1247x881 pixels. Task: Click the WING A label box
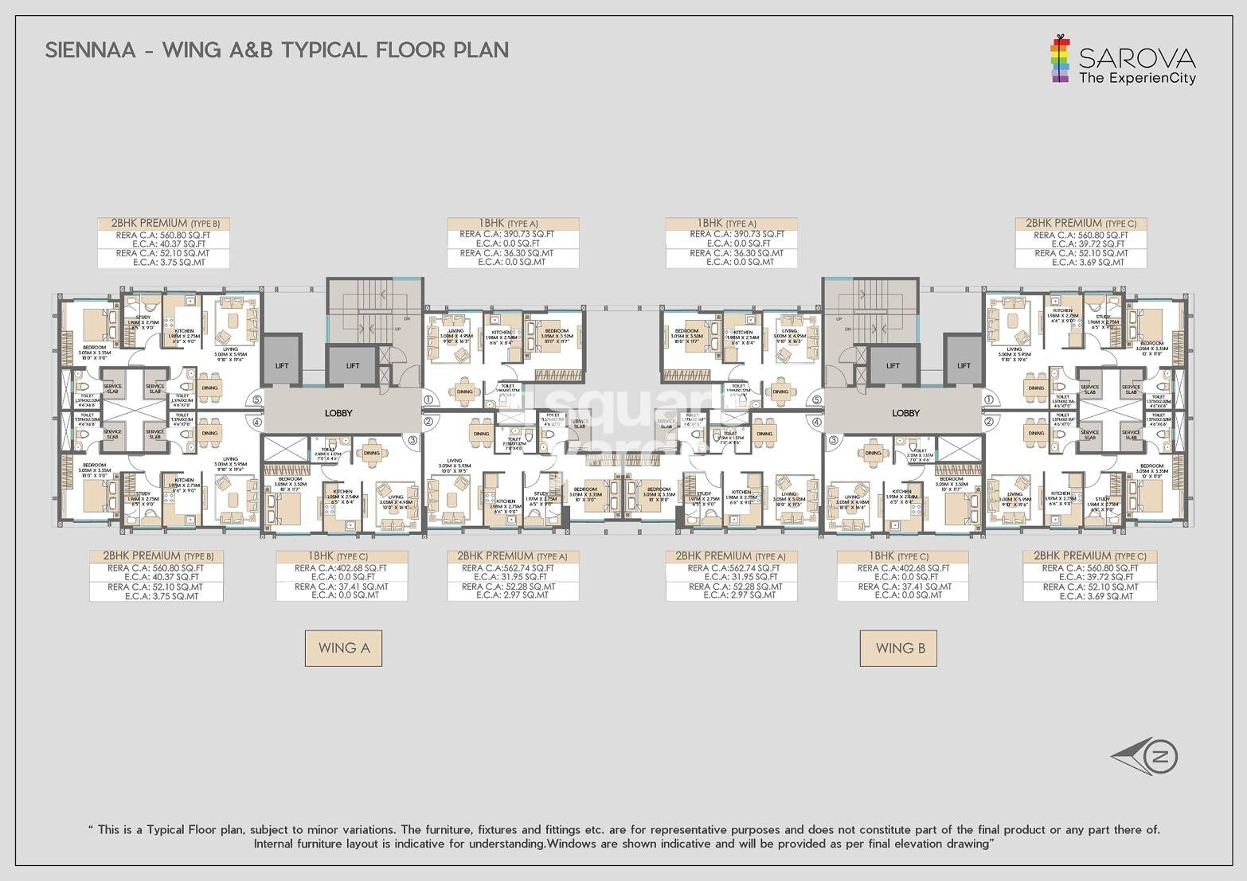click(x=343, y=648)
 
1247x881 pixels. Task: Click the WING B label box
click(x=899, y=648)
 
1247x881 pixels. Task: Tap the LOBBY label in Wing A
click(x=338, y=413)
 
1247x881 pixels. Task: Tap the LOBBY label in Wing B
click(x=905, y=413)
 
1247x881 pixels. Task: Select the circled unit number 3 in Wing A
click(x=412, y=439)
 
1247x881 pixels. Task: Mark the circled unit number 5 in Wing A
click(x=256, y=400)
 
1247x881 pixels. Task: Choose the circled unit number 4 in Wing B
click(x=816, y=422)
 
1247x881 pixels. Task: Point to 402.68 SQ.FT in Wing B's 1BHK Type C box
click(x=920, y=568)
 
